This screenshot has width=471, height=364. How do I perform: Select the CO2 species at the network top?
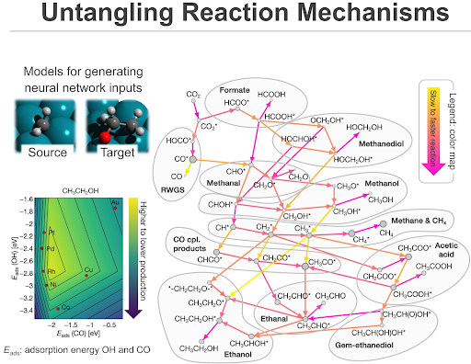point(193,95)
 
